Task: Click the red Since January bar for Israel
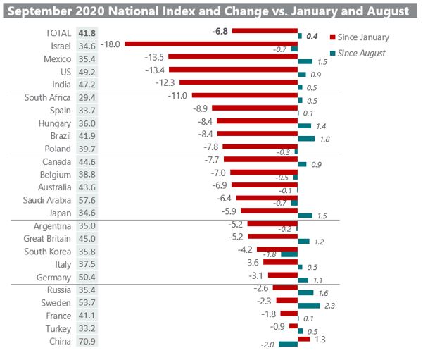(x=211, y=44)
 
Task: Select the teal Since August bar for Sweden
(x=309, y=306)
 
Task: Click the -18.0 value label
(x=110, y=44)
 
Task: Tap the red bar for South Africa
(x=245, y=95)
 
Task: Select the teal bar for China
(x=289, y=345)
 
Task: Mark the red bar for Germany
(x=284, y=275)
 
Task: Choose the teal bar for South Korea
(x=289, y=254)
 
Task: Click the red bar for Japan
(x=270, y=211)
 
